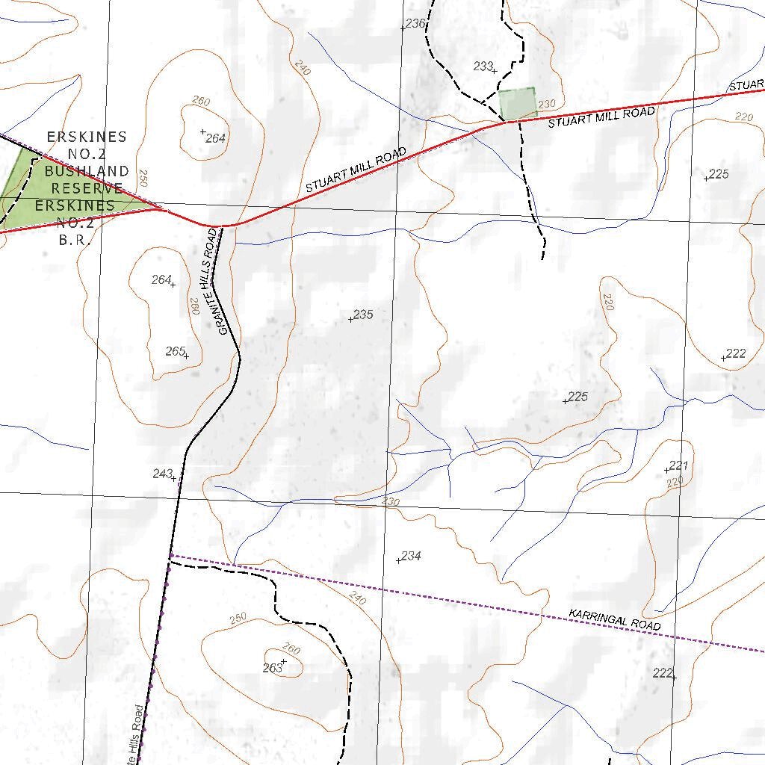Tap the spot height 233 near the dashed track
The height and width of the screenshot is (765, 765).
click(484, 66)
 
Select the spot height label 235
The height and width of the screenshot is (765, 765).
click(362, 315)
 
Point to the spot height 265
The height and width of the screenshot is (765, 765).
click(176, 351)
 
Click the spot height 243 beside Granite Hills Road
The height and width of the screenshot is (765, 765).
click(163, 474)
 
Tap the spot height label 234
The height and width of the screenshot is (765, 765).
click(410, 557)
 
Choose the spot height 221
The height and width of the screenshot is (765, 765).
click(677, 466)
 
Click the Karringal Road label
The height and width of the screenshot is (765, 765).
click(615, 619)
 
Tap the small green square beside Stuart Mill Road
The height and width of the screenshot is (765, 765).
click(517, 104)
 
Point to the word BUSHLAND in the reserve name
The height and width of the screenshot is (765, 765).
click(86, 171)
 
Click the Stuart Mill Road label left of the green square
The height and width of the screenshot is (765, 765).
click(356, 170)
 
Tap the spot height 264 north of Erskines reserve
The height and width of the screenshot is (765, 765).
click(214, 138)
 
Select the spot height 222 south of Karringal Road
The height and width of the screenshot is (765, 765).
click(663, 673)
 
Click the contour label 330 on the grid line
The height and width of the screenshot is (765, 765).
click(390, 502)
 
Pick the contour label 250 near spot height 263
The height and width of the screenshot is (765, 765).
click(238, 618)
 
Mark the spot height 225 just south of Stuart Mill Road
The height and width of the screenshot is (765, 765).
click(718, 174)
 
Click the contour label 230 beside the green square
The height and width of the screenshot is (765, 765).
click(548, 104)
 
